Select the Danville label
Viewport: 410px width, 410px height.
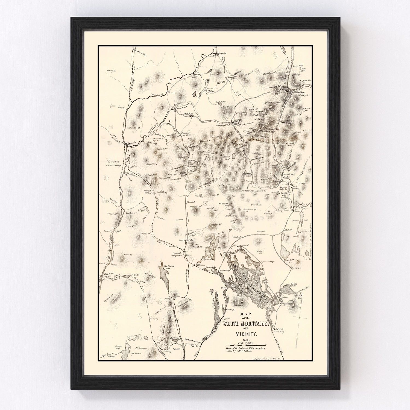click(x=112, y=71)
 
